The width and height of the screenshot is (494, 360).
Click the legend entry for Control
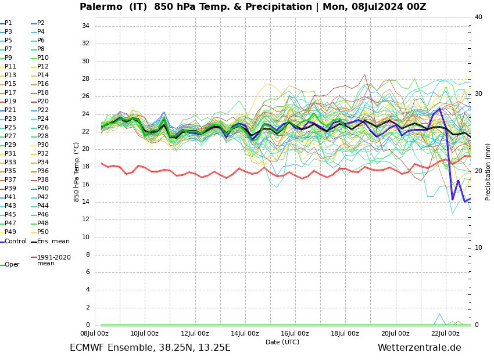pos(16,241)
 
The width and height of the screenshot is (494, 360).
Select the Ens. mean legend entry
pos(53,241)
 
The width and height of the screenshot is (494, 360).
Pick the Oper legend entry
pos(12,264)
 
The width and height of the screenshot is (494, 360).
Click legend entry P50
pos(43,232)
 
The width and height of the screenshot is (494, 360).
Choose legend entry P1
pos(9,23)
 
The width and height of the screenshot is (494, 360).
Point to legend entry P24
pos(43,118)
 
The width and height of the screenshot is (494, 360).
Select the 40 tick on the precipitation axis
pos(478,17)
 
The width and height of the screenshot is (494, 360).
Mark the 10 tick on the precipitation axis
pos(478,247)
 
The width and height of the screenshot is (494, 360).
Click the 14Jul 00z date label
pos(245,333)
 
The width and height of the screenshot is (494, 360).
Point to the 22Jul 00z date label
pos(445,333)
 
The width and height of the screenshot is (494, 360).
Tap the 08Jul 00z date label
pos(94,333)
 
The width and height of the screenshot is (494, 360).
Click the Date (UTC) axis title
pos(282,342)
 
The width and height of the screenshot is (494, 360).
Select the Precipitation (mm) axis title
pos(488,172)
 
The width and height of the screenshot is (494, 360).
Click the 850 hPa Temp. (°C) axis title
pos(77,172)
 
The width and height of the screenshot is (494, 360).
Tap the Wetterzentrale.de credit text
pos(419,348)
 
